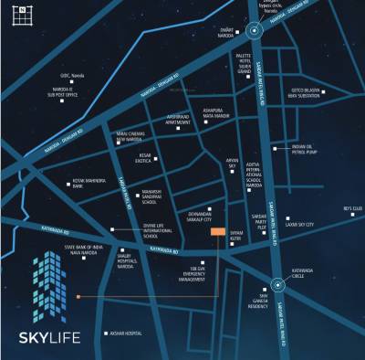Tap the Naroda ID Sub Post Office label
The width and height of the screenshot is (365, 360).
coord(34,91)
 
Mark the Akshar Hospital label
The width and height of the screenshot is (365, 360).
coord(129,334)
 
